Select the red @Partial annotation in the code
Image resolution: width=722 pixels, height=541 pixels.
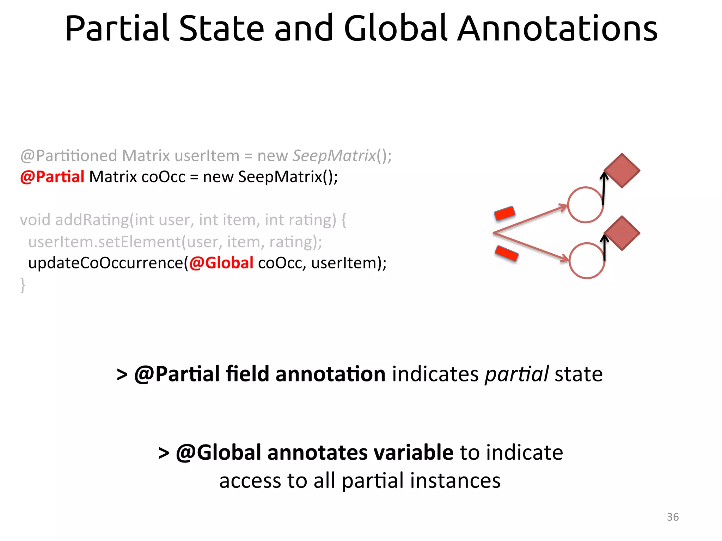click(52, 176)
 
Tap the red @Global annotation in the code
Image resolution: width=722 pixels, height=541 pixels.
click(221, 263)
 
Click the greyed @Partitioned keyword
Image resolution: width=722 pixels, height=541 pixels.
click(68, 155)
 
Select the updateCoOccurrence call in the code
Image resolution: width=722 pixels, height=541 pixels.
click(106, 263)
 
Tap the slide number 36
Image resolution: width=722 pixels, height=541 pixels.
click(673, 517)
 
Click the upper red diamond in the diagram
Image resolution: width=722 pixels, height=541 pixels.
click(622, 170)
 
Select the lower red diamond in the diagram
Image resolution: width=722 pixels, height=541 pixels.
click(622, 233)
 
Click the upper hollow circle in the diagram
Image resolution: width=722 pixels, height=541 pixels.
click(585, 205)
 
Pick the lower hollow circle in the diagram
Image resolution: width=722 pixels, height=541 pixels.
click(587, 261)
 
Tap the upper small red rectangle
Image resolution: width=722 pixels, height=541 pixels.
click(505, 213)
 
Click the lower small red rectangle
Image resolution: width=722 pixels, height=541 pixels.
click(507, 253)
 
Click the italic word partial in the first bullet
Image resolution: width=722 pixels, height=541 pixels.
click(516, 374)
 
